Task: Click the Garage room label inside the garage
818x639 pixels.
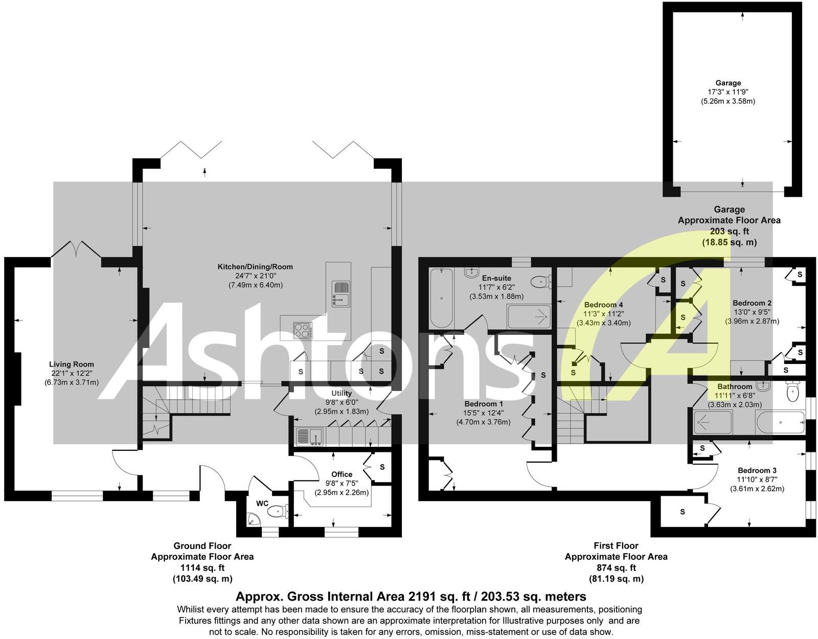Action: click(728, 83)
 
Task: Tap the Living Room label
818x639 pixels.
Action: click(71, 364)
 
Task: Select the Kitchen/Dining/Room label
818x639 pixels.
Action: click(255, 267)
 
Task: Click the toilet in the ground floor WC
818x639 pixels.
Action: click(278, 510)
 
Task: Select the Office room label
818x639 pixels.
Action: click(342, 474)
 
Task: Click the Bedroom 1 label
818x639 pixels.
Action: click(484, 404)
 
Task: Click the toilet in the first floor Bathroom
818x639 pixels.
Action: click(792, 393)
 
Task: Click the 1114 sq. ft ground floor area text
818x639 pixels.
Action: click(202, 567)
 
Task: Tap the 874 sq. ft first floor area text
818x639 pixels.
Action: click(616, 567)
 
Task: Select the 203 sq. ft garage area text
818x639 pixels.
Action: click(729, 232)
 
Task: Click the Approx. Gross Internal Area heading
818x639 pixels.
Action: click(411, 597)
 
